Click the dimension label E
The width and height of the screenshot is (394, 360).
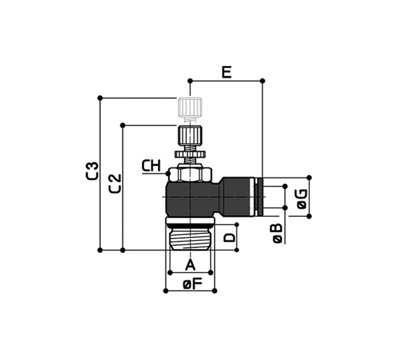pyautogui.click(x=227, y=73)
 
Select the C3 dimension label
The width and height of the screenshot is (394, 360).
pyautogui.click(x=92, y=171)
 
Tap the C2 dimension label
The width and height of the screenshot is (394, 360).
pyautogui.click(x=115, y=183)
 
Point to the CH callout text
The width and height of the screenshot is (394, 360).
pyautogui.click(x=151, y=166)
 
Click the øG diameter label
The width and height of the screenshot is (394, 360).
pyautogui.click(x=302, y=199)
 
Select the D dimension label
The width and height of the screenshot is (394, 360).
pyautogui.click(x=230, y=238)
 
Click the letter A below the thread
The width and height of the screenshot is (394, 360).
pyautogui.click(x=190, y=265)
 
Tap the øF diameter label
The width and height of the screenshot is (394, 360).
pyautogui.click(x=193, y=284)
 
